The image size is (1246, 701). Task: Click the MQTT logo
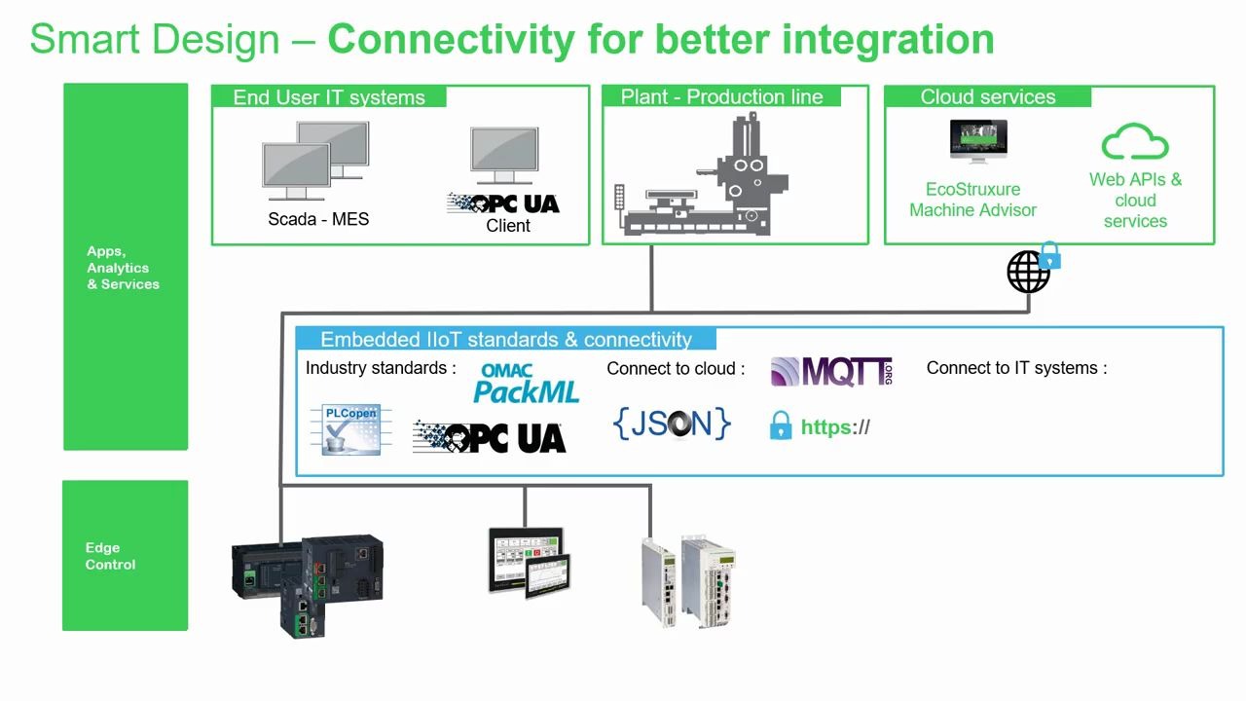pyautogui.click(x=831, y=371)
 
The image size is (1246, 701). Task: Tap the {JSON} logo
pyautogui.click(x=672, y=423)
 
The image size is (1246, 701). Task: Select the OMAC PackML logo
pyautogui.click(x=526, y=383)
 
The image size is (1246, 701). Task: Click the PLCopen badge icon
pyautogui.click(x=350, y=429)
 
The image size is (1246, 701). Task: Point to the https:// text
pyautogui.click(x=834, y=426)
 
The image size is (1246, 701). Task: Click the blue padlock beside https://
pyautogui.click(x=780, y=425)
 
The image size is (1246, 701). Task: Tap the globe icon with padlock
pyautogui.click(x=1030, y=270)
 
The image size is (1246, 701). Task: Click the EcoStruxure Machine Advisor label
pyautogui.click(x=972, y=200)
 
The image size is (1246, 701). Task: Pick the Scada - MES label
pyautogui.click(x=318, y=219)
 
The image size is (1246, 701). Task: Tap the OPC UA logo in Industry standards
pyautogui.click(x=489, y=437)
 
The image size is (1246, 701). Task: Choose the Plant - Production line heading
pyautogui.click(x=721, y=97)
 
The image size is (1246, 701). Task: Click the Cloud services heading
pyautogui.click(x=987, y=97)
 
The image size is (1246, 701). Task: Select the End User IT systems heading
pyautogui.click(x=329, y=97)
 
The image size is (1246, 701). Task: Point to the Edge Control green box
pyautogui.click(x=125, y=555)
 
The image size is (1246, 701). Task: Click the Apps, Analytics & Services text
pyautogui.click(x=123, y=268)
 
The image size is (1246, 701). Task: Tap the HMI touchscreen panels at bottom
pyautogui.click(x=526, y=562)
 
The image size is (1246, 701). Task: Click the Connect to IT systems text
pyautogui.click(x=1016, y=368)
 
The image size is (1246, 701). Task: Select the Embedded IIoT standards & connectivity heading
pyautogui.click(x=506, y=340)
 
